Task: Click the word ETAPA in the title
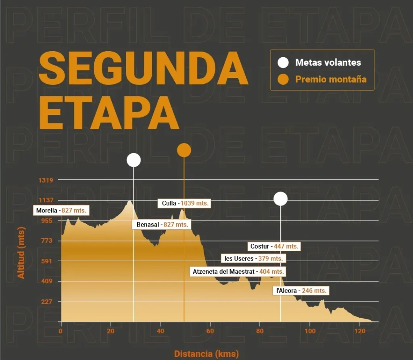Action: [108, 112]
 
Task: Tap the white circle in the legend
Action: [284, 62]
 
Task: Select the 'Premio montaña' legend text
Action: [331, 79]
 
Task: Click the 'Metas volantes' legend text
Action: [328, 62]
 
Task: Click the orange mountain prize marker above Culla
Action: [184, 150]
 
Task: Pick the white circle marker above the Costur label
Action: [280, 198]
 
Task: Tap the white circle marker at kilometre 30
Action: [133, 160]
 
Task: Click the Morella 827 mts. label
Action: [61, 210]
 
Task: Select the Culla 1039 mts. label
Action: [185, 203]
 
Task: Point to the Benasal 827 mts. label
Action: [162, 225]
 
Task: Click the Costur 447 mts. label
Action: [274, 246]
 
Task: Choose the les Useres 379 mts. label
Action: [253, 258]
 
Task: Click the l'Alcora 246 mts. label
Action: [301, 291]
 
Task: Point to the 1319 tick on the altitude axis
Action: [46, 180]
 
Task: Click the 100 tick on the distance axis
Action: [310, 331]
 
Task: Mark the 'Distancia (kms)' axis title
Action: [206, 354]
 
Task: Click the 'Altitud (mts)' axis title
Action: [21, 253]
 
